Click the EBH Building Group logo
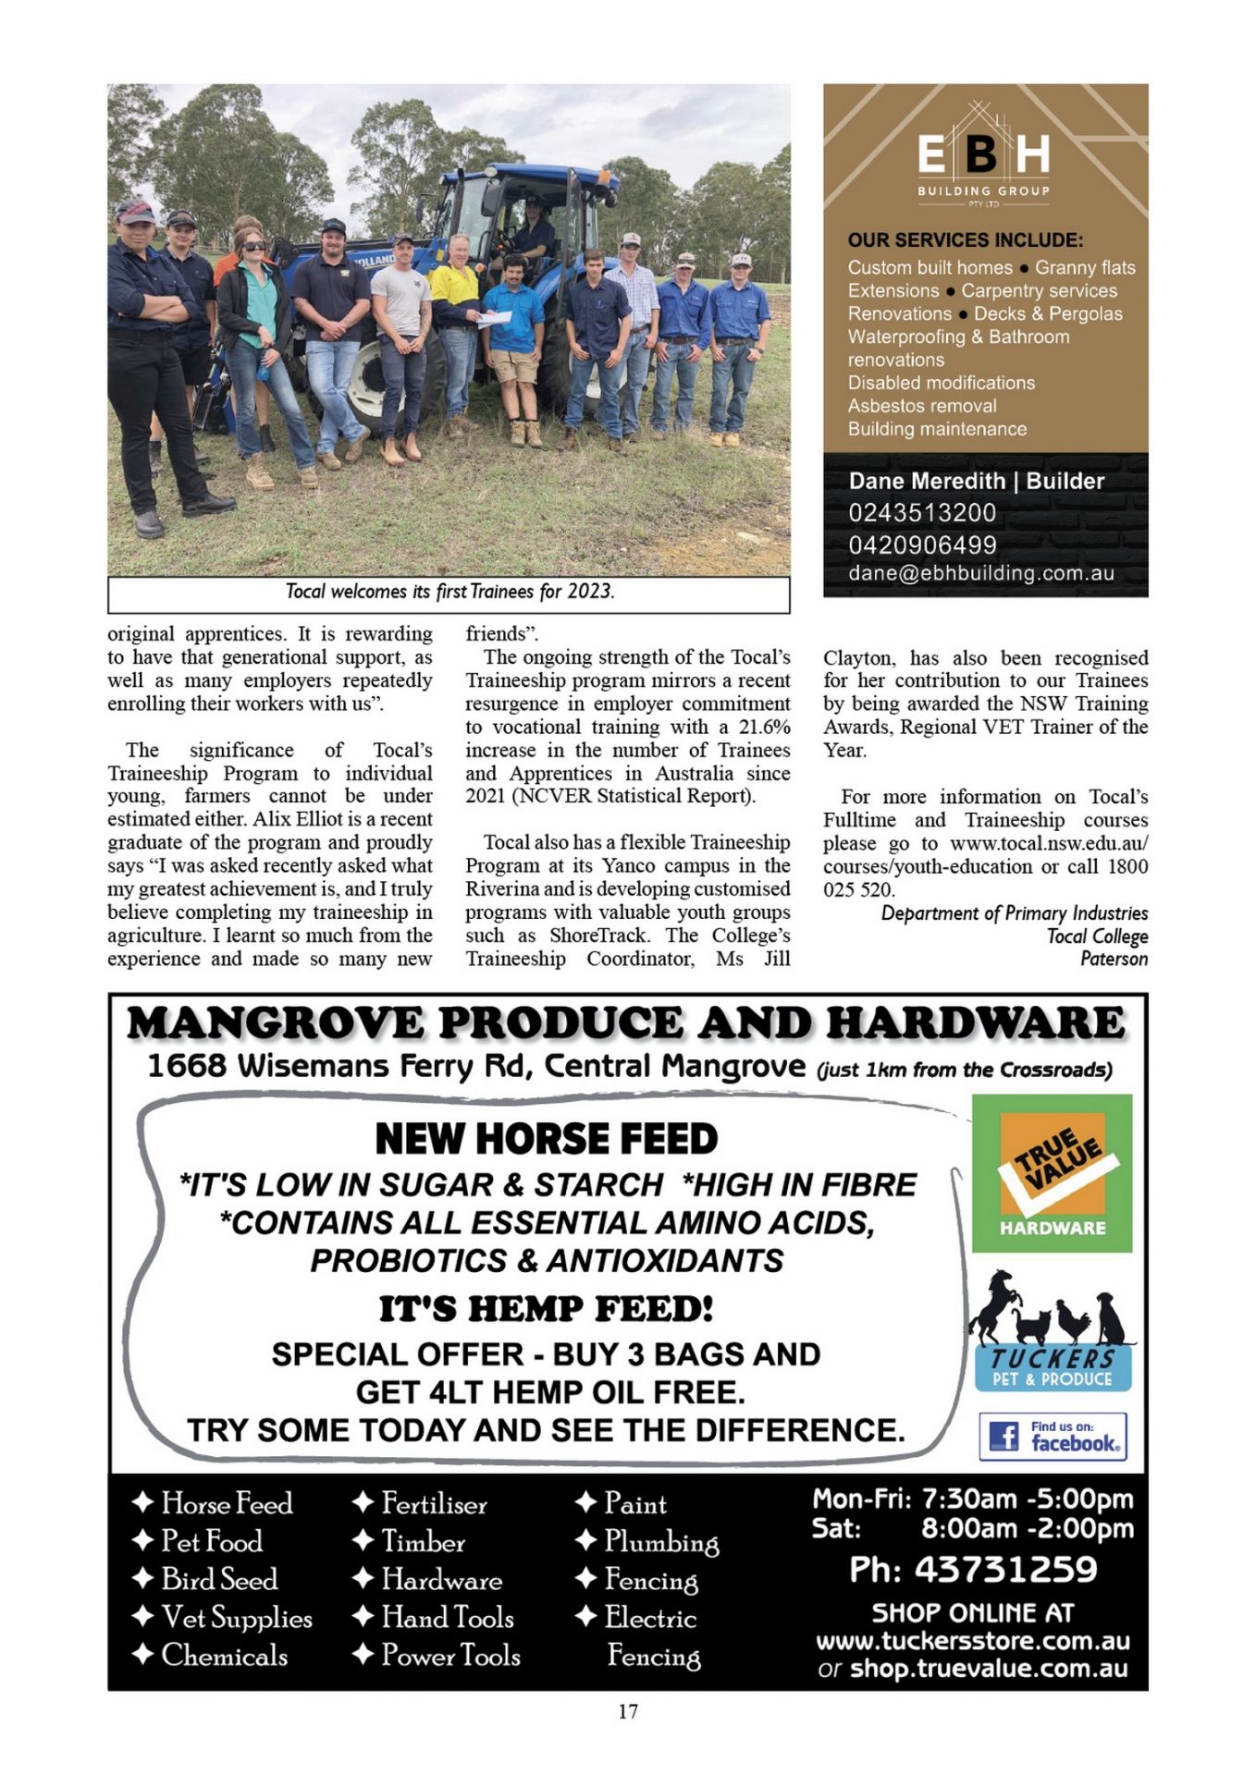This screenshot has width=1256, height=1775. point(983,157)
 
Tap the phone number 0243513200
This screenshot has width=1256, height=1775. point(922,513)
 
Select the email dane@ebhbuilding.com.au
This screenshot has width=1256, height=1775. point(981,573)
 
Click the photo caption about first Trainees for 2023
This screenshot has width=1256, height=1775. point(449,592)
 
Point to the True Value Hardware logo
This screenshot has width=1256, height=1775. point(1052,1173)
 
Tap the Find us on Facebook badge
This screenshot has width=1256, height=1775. point(1053,1437)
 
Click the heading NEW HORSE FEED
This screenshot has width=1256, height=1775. point(546,1139)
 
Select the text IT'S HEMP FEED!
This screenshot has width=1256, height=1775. point(546,1309)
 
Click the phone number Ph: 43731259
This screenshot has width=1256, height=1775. point(973,1570)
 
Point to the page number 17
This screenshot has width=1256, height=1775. point(628,1711)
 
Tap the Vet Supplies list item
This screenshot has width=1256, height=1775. point(236,1618)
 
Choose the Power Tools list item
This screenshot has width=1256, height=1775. point(450,1656)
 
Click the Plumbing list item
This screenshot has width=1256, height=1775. point(660,1542)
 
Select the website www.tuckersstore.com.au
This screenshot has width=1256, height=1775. point(972,1642)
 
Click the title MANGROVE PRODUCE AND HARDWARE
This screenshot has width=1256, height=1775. point(626,1023)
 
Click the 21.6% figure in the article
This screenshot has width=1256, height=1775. point(764,728)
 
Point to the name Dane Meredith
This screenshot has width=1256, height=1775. point(928,482)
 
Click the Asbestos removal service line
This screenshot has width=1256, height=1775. point(922,406)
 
